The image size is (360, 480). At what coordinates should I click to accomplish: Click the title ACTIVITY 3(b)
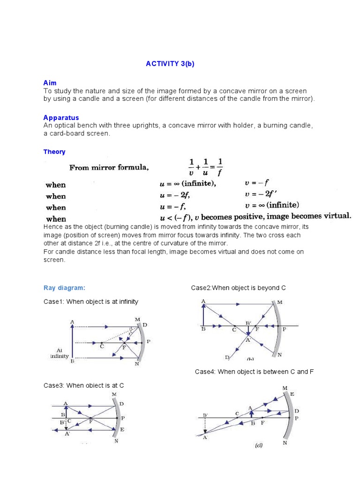point(170,64)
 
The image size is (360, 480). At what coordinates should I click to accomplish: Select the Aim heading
point(50,82)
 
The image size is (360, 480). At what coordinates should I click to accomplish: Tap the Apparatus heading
point(61,118)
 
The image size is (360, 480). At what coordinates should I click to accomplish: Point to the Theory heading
point(54,152)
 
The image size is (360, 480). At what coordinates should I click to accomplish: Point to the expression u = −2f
point(174,195)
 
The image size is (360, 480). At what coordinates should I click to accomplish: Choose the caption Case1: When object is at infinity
point(91,302)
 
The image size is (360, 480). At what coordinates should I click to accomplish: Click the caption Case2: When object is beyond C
point(238,288)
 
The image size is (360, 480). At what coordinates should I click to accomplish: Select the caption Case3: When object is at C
point(84,385)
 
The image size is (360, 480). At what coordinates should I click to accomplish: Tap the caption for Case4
point(254,372)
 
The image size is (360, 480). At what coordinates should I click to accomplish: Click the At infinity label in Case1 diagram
point(60,353)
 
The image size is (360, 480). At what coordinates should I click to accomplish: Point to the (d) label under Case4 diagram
point(259,446)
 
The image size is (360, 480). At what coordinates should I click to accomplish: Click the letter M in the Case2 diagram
point(280,303)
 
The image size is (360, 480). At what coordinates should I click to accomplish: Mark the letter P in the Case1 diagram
point(149,342)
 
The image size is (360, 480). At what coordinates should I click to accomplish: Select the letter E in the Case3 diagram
point(122,429)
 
